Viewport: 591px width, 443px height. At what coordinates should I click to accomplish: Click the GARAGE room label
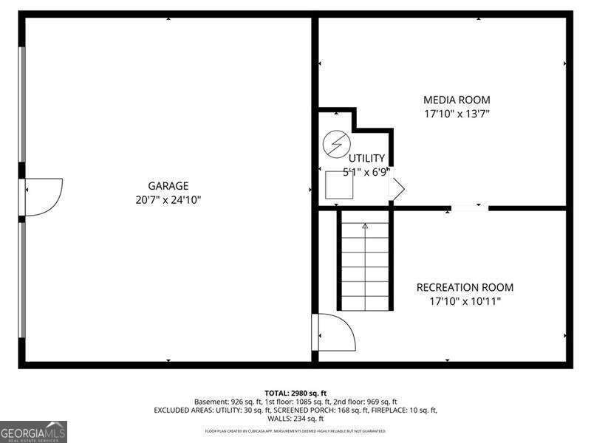pos(168,186)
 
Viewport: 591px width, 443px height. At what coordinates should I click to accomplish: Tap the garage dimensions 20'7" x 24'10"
pos(168,199)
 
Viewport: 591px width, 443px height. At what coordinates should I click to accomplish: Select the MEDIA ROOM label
pos(456,100)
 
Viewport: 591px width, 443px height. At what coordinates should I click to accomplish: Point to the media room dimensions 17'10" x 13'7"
pos(456,114)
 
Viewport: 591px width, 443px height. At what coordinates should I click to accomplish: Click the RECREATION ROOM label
pos(465,288)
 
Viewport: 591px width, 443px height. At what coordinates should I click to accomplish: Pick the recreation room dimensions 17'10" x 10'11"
pos(465,301)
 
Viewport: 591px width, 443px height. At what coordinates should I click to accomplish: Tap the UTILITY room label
pos(367,158)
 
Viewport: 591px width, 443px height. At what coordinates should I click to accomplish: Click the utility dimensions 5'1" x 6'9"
pos(365,171)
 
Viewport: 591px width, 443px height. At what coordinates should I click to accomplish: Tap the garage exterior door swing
pos(44,196)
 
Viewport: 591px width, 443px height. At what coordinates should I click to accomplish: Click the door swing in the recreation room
pos(335,332)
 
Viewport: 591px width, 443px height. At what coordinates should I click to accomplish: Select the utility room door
pos(397,190)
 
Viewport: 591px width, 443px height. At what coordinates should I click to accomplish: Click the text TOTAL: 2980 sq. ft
pos(295,393)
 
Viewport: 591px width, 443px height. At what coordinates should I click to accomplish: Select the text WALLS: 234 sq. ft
pos(295,419)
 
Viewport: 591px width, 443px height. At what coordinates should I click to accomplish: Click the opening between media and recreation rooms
pos(470,208)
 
